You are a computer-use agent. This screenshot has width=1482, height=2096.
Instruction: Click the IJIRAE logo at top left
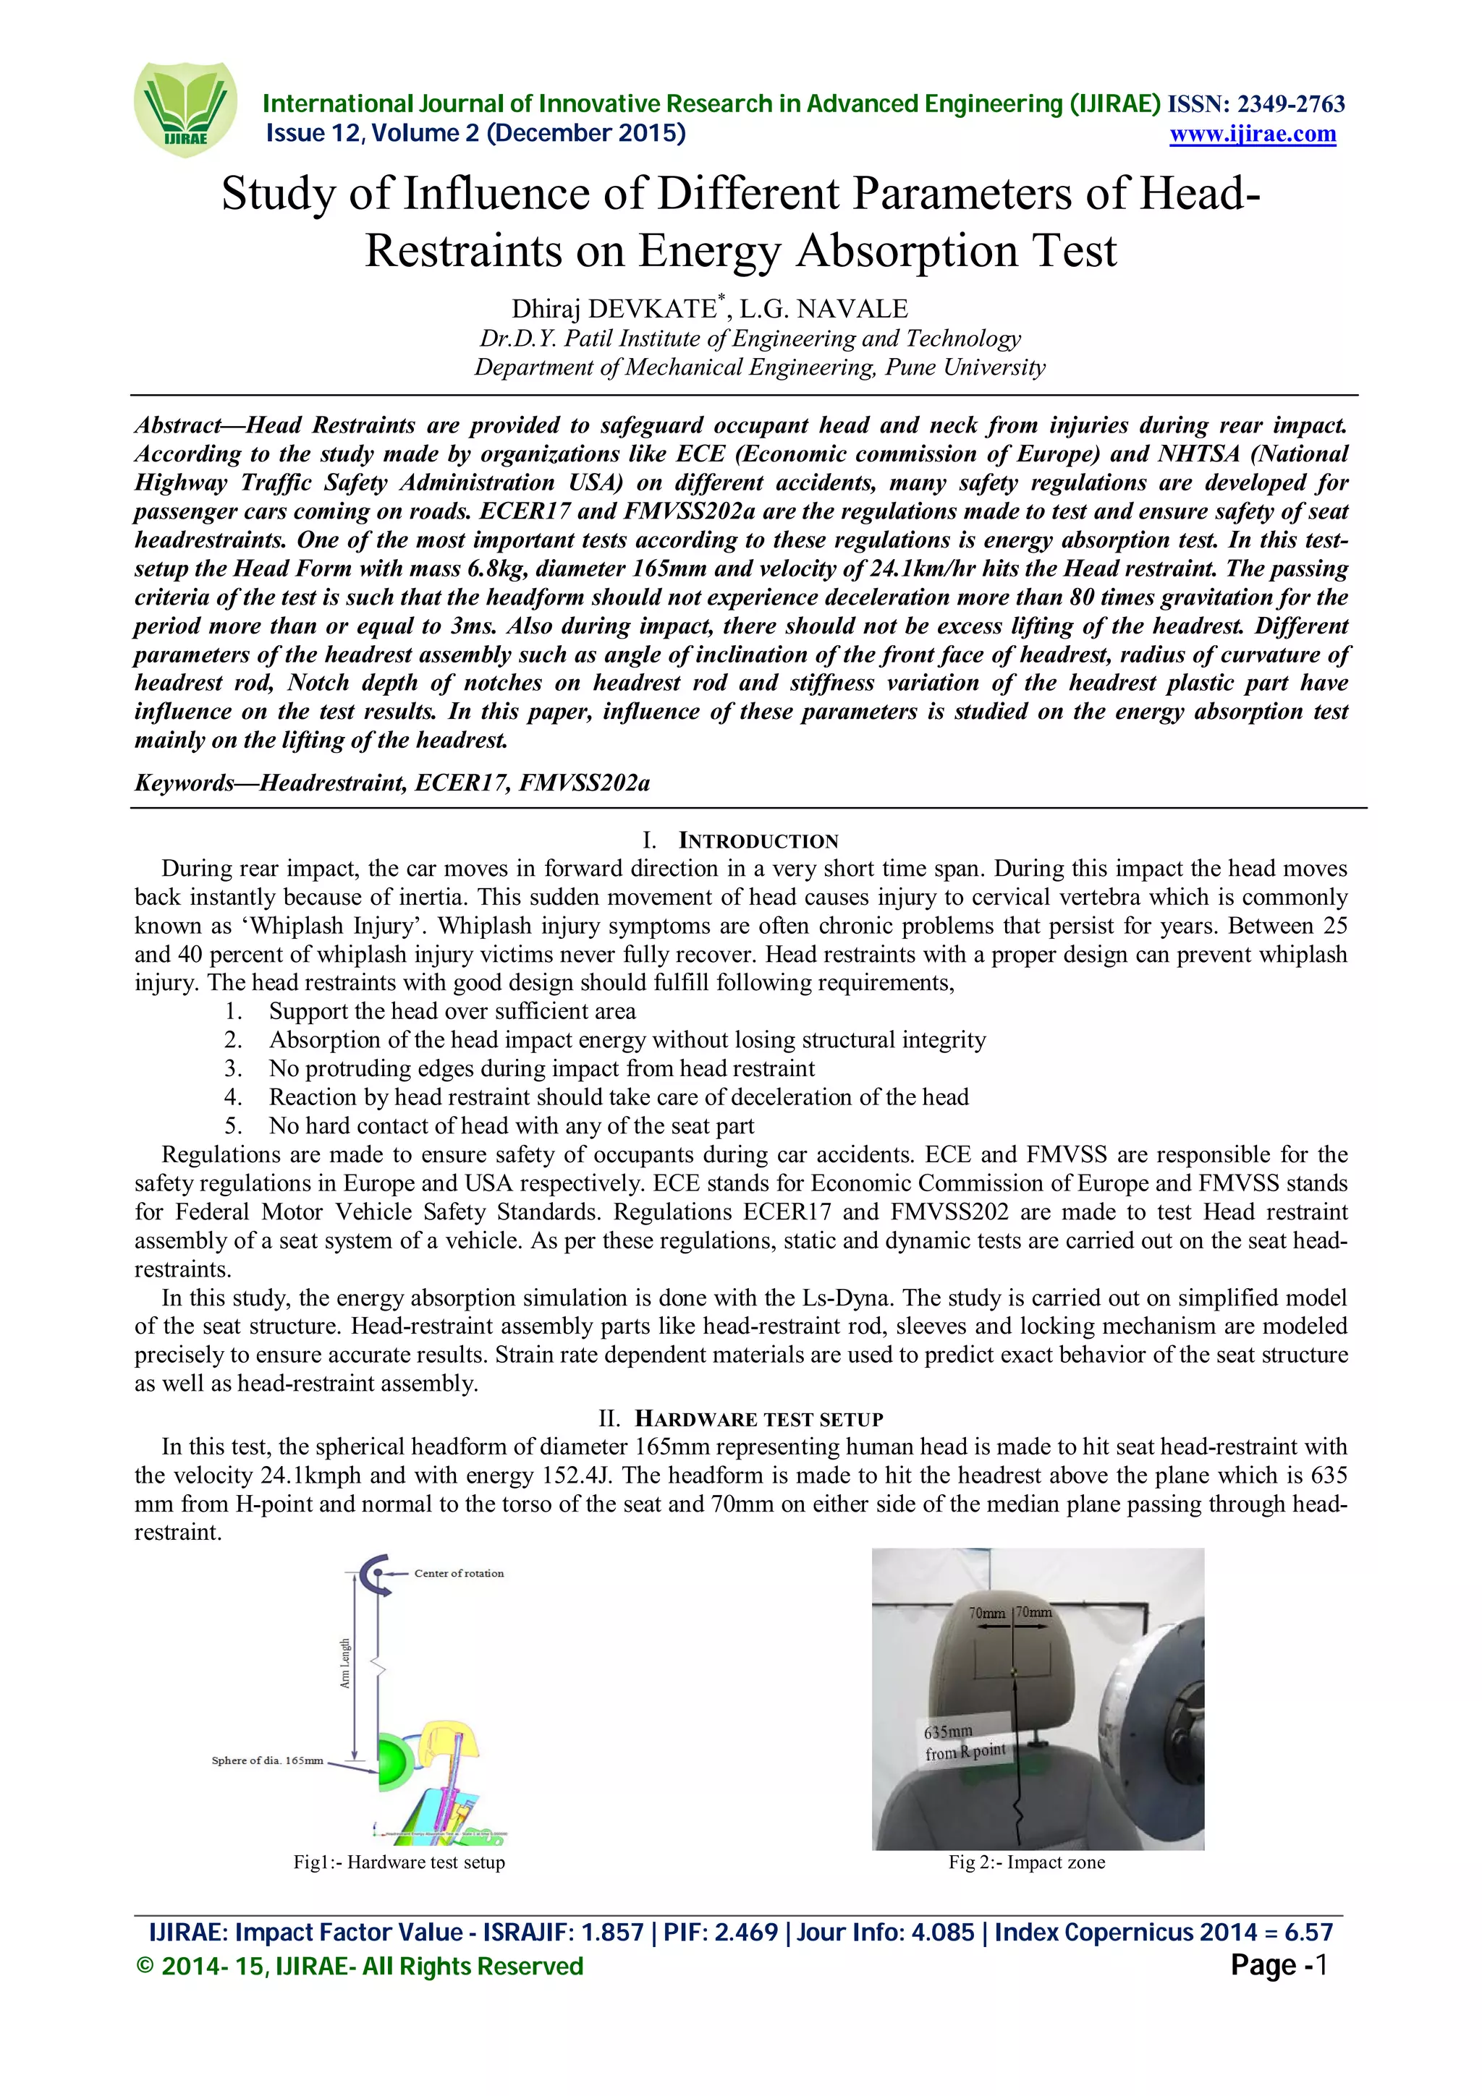[x=185, y=109]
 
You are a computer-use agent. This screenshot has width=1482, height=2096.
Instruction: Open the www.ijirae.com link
[x=1252, y=135]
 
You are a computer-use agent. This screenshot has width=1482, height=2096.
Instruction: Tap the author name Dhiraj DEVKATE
[x=614, y=309]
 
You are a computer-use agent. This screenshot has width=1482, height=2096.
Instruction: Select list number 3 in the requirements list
[x=234, y=1068]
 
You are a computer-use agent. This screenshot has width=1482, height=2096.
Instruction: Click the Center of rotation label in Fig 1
[x=458, y=1573]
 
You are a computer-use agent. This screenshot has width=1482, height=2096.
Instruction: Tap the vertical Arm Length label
[x=345, y=1663]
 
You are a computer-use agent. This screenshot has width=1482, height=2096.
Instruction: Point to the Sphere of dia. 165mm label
[x=266, y=1760]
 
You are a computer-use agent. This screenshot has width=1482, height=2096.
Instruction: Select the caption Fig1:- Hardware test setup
[x=399, y=1862]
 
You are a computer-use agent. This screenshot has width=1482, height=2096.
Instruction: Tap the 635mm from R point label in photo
[x=962, y=1742]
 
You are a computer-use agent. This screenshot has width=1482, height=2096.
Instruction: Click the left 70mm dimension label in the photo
[x=987, y=1613]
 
